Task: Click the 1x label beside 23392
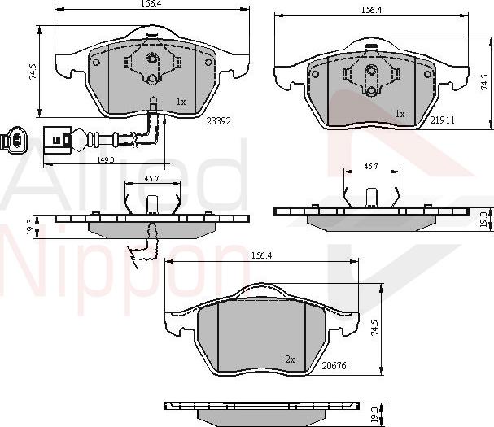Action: tap(181, 102)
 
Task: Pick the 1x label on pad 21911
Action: tap(400, 114)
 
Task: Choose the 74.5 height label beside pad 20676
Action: tap(374, 327)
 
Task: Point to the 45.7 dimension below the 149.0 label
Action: tap(151, 178)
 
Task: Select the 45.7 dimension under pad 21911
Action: tap(370, 166)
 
